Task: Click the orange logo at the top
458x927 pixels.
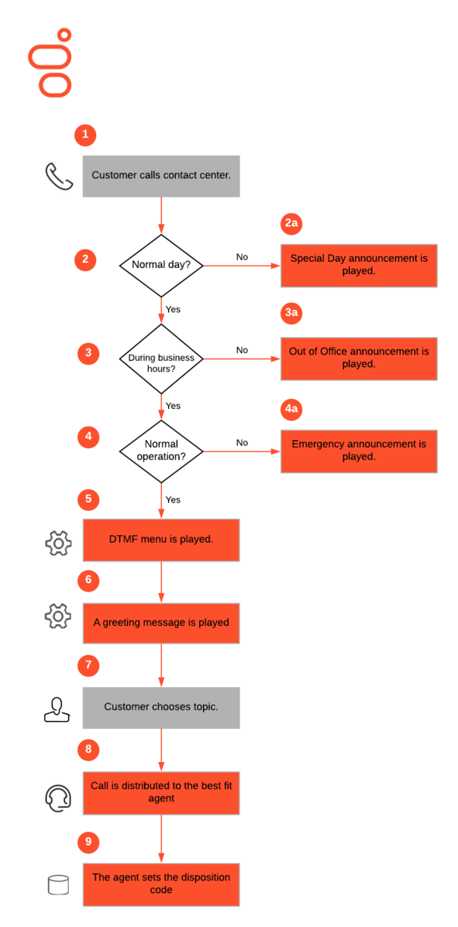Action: pyautogui.click(x=50, y=64)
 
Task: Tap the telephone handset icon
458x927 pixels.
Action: pyautogui.click(x=59, y=177)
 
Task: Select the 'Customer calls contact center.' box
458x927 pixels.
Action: pyautogui.click(x=161, y=176)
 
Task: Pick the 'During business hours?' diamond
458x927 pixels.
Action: pyautogui.click(x=161, y=359)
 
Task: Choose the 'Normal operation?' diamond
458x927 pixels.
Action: pyautogui.click(x=161, y=451)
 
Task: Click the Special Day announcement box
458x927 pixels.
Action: pyautogui.click(x=359, y=266)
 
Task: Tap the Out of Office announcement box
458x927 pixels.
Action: pyautogui.click(x=359, y=359)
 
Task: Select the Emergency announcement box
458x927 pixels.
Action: pyautogui.click(x=359, y=451)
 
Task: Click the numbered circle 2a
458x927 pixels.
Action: pyautogui.click(x=291, y=224)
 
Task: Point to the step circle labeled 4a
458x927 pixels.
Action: pyautogui.click(x=291, y=409)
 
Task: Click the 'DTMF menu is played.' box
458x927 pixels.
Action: pyautogui.click(x=161, y=540)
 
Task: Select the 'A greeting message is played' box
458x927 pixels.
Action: pyautogui.click(x=161, y=623)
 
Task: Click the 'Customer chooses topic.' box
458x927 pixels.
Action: pyautogui.click(x=161, y=707)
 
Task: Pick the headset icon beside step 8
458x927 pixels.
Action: pyautogui.click(x=59, y=796)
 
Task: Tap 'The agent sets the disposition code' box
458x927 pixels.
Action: pyautogui.click(x=161, y=884)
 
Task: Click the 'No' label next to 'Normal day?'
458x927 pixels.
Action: pyautogui.click(x=242, y=257)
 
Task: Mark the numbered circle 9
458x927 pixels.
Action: pyautogui.click(x=89, y=841)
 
